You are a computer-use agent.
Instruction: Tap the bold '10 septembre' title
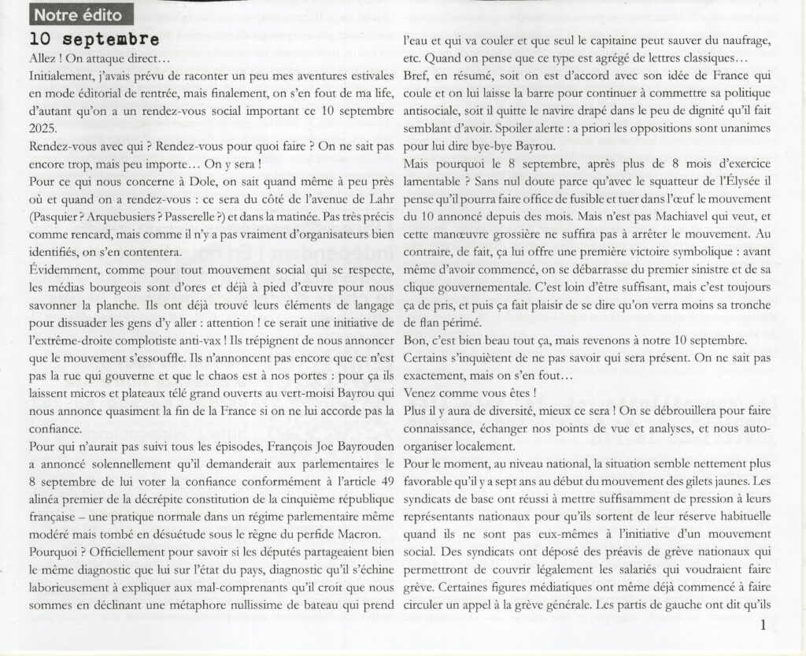coord(94,39)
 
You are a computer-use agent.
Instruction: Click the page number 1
coord(763,627)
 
